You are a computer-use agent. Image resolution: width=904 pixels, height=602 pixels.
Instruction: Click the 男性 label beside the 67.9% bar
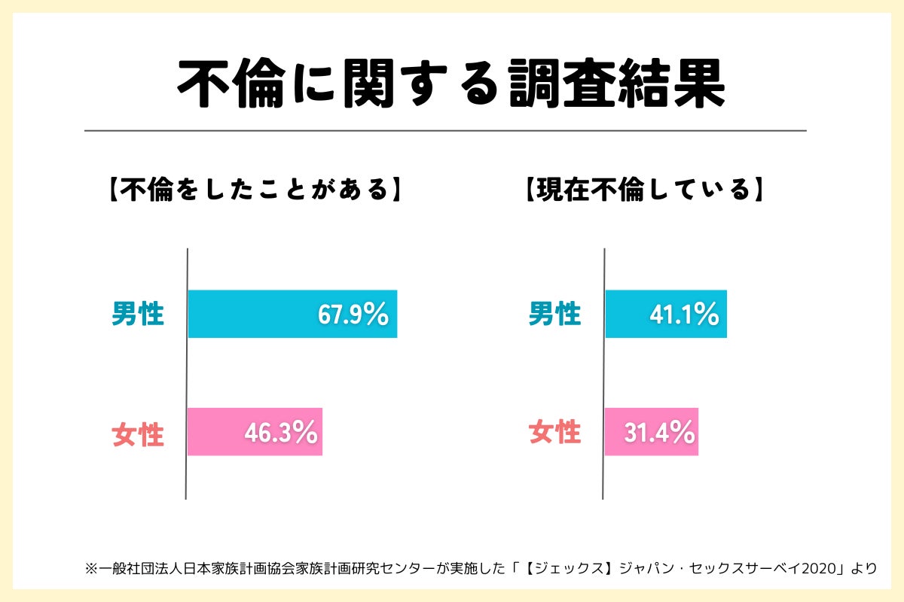[x=138, y=314]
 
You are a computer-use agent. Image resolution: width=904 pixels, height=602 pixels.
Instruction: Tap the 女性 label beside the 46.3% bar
[x=138, y=434]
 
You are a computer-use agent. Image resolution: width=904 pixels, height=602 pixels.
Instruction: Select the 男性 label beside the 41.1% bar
[x=554, y=314]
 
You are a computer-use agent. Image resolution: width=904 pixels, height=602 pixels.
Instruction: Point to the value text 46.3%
[x=280, y=433]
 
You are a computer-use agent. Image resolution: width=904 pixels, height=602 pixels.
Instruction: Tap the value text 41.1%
[x=684, y=315]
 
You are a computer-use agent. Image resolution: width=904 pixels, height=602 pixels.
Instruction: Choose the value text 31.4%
[x=658, y=433]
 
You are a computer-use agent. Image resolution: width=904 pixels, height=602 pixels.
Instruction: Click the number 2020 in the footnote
[x=823, y=567]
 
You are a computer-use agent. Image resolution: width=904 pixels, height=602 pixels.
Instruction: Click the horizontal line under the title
[x=444, y=130]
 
